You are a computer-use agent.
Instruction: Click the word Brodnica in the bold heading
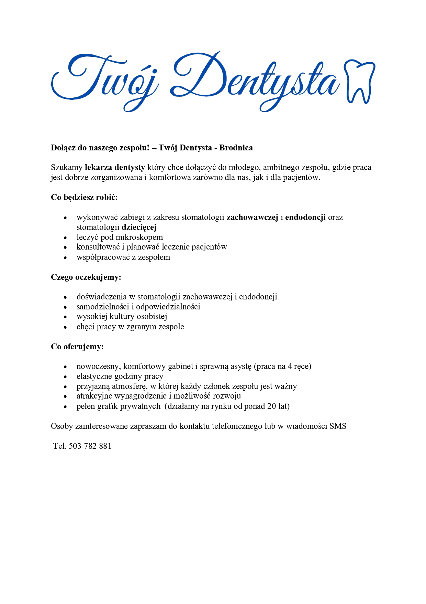click(236, 148)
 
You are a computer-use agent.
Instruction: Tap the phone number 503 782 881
click(90, 446)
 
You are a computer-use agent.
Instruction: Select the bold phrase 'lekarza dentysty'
click(115, 168)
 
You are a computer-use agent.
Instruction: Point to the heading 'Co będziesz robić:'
click(84, 198)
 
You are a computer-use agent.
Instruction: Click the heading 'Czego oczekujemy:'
click(86, 277)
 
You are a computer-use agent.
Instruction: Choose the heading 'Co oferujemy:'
click(77, 347)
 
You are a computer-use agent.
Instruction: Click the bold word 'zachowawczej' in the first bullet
click(252, 218)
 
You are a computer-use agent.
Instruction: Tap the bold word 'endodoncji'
click(305, 218)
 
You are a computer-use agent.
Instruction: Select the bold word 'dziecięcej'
click(139, 227)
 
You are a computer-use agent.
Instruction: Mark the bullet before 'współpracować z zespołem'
click(65, 258)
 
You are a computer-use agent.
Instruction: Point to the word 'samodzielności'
click(103, 307)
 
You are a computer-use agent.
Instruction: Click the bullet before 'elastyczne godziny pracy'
click(65, 377)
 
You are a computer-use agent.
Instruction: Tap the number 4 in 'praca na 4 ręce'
click(290, 367)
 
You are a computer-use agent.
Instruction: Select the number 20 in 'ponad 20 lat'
click(271, 406)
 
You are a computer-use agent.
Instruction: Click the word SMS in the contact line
click(338, 426)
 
